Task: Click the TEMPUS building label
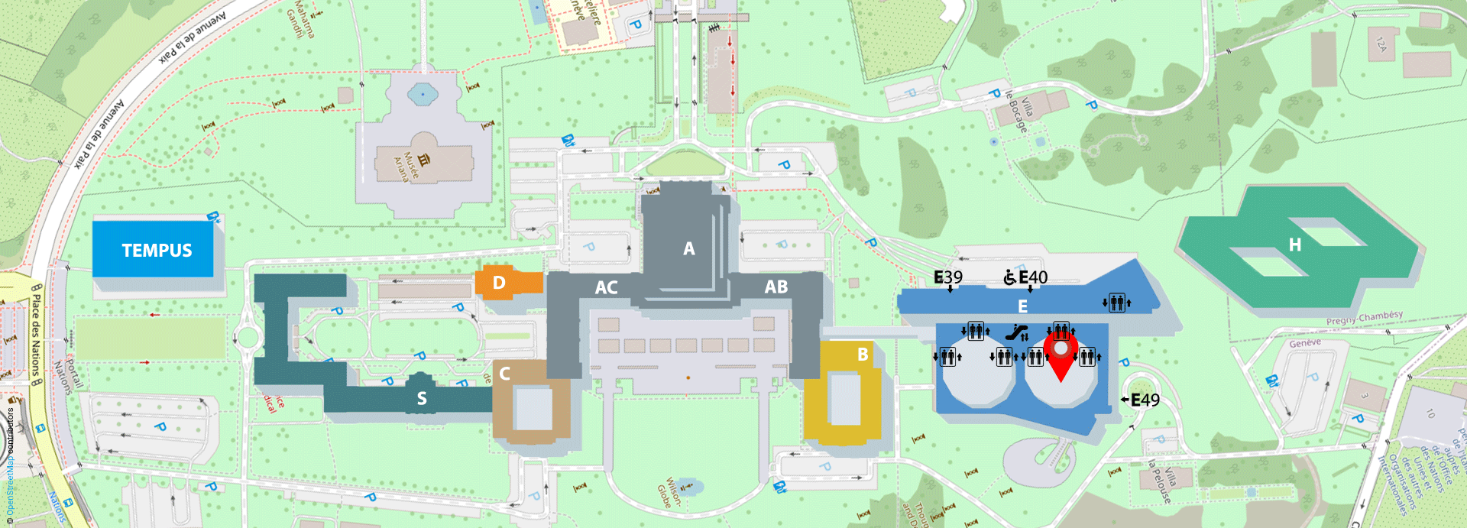point(157,251)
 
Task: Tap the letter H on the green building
point(1294,245)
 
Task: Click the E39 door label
point(948,277)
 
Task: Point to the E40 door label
point(1033,277)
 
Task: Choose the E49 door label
point(1145,400)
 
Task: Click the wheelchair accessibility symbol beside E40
point(1010,277)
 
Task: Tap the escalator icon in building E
point(1015,332)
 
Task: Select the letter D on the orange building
point(499,283)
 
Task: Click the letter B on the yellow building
point(863,355)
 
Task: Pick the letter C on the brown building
point(504,374)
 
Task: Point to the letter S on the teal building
point(422,398)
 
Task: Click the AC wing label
point(606,287)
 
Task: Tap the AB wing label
point(776,287)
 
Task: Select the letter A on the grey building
point(689,248)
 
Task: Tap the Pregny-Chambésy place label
point(1365,317)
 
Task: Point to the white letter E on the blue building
point(1022,306)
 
